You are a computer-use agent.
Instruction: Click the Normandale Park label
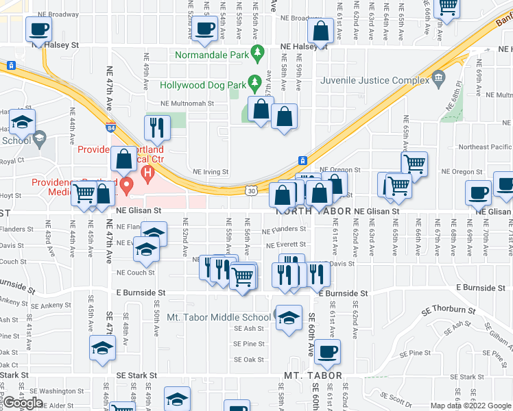point(211,54)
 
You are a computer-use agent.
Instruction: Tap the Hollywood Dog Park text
point(202,86)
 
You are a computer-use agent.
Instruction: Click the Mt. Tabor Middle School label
point(219,317)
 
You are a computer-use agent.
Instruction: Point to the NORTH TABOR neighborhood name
point(313,212)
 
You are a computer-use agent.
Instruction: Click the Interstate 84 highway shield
point(111,127)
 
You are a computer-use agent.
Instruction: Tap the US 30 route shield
point(251,192)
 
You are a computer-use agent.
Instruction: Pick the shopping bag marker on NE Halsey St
point(320,32)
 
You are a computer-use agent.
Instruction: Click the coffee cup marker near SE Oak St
point(328,352)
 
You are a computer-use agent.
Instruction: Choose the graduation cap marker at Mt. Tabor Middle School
point(289,318)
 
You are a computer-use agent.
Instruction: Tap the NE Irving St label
point(211,172)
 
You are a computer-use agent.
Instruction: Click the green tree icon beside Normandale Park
point(258,51)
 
